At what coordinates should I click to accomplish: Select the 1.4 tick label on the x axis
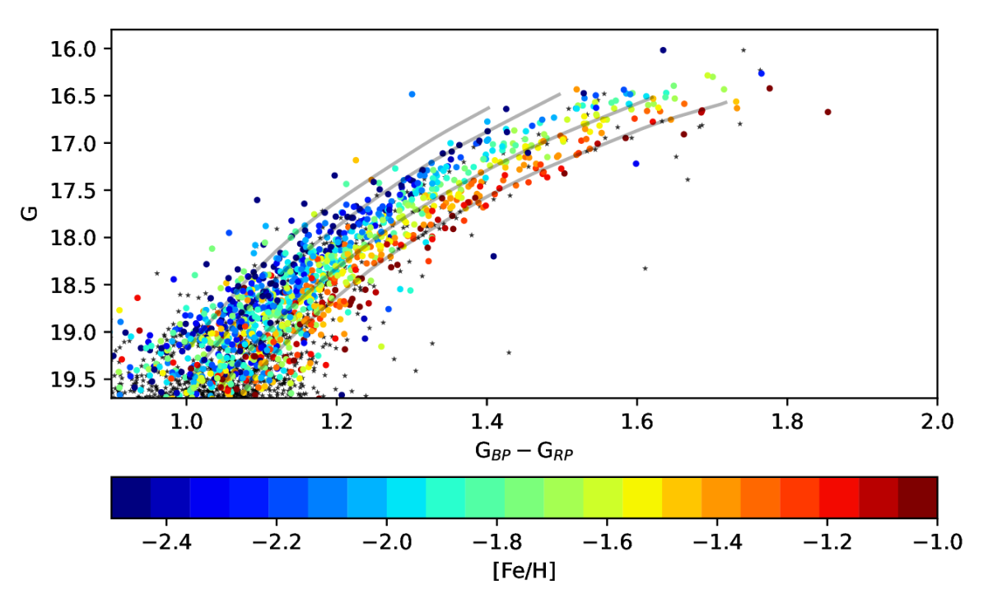[487, 425]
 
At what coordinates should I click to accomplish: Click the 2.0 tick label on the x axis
[937, 425]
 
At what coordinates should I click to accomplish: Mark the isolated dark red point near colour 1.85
[827, 112]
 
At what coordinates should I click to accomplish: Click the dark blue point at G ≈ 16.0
[663, 50]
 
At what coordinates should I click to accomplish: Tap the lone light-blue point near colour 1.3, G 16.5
[412, 95]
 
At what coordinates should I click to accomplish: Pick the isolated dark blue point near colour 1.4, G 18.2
[493, 256]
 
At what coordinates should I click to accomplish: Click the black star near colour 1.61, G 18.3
[645, 268]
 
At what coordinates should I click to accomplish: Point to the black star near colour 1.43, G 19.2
[509, 352]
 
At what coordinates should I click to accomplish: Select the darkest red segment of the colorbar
[917, 497]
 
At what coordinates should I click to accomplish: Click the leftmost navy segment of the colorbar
[130, 497]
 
